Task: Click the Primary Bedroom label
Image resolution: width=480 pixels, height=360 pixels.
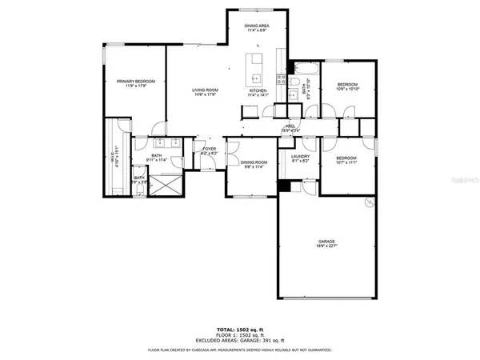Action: (134, 82)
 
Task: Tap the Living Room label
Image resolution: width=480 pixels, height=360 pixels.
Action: (206, 90)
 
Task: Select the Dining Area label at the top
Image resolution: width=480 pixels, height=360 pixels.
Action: (257, 26)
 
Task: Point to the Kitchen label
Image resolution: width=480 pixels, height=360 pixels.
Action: (258, 90)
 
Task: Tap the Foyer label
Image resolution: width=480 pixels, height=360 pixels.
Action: (209, 149)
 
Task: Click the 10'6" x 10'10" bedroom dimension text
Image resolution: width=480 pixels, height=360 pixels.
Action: (347, 90)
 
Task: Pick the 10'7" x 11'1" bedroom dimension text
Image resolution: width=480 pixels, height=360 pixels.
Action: (346, 163)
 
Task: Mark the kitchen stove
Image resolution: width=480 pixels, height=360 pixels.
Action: (281, 79)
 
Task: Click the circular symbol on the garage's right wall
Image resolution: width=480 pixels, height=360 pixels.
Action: (369, 203)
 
